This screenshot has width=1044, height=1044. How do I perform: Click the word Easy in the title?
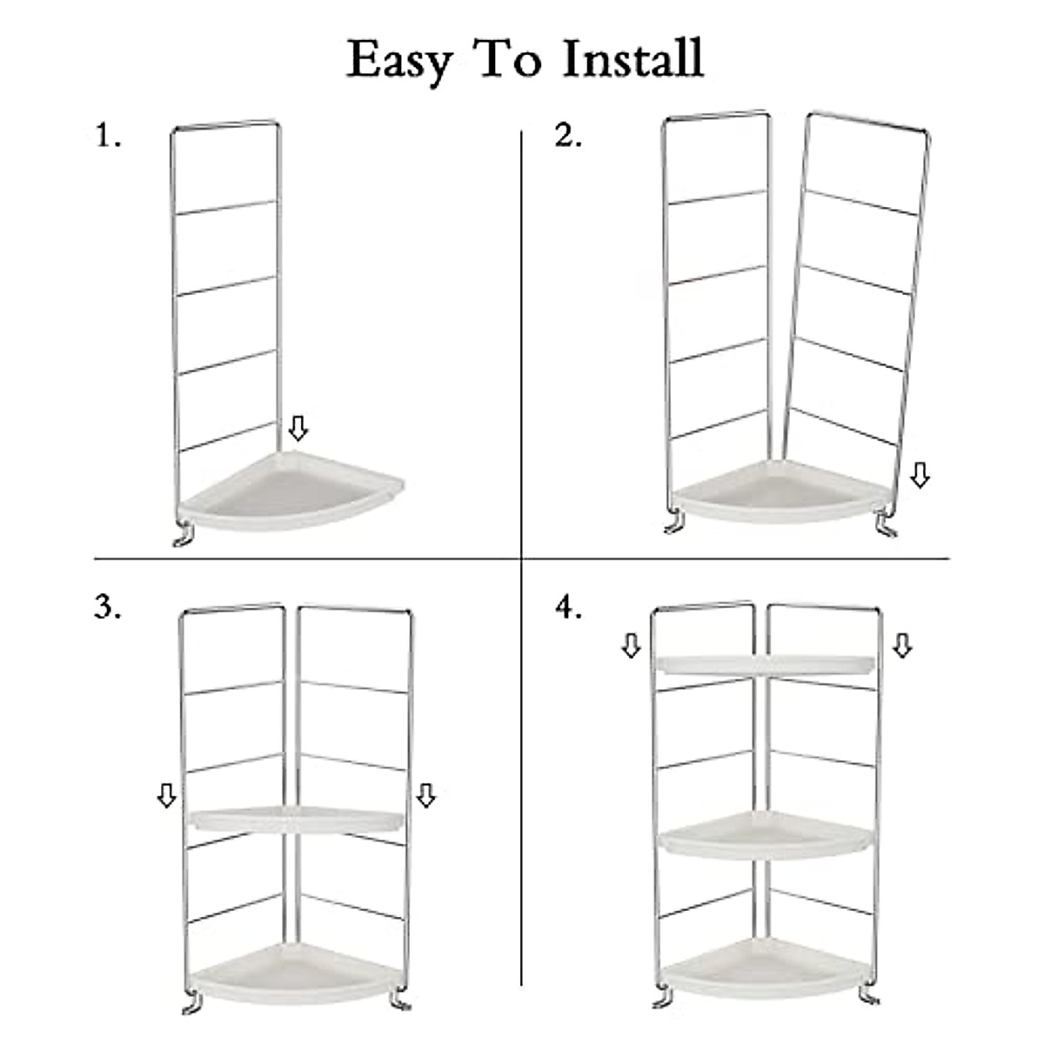(400, 61)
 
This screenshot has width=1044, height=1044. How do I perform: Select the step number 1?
(108, 137)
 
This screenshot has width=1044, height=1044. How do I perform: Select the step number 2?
(568, 137)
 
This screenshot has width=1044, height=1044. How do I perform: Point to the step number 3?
(108, 608)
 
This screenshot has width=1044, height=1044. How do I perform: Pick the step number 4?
(568, 608)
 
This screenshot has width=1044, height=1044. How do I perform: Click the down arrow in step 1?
(298, 428)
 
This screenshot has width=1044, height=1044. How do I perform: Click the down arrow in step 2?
(920, 475)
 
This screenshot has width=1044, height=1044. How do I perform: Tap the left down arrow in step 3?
(166, 795)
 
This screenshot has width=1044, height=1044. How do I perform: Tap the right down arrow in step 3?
(425, 795)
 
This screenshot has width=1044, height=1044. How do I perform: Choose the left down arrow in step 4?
(631, 646)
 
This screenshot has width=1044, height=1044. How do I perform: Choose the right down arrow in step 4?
(902, 646)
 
